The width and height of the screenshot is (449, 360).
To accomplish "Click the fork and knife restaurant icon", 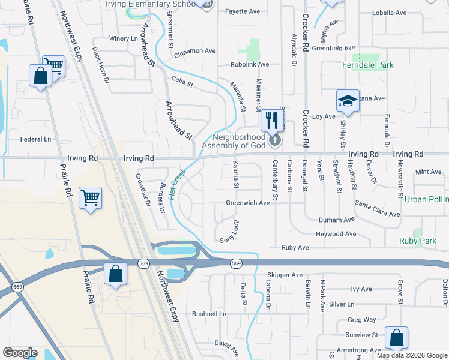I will coord(272,120).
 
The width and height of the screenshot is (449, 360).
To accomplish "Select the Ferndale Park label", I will coord(368,65).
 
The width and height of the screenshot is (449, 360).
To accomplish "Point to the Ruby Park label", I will coord(418,241).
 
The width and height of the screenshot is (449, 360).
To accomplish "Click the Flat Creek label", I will coord(178,184).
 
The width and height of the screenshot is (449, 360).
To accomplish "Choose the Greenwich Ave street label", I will coord(247,203).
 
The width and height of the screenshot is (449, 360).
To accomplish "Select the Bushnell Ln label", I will coord(209,314).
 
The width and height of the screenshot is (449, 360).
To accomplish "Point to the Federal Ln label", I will coord(36,139).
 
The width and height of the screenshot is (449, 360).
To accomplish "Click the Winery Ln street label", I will coord(124,38).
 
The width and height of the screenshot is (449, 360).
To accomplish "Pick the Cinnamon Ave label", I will coord(195,51).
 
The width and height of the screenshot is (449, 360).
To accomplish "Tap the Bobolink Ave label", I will coord(250,64).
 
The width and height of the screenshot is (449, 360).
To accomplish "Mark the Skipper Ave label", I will coord(285,275).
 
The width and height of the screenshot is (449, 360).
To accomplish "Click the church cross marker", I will coord(275,141).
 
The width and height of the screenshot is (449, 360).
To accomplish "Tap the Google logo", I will coord(20,353).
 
